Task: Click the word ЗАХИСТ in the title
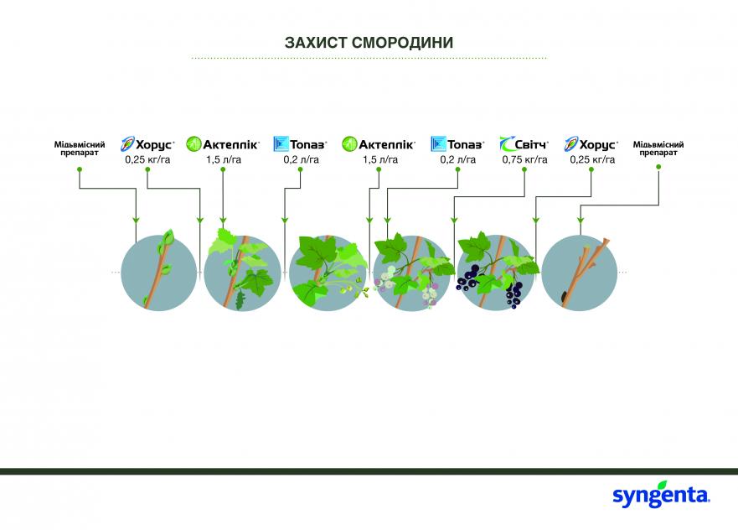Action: point(315,43)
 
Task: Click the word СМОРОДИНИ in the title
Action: point(402,43)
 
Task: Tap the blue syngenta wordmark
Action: point(661,496)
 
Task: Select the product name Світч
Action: point(531,144)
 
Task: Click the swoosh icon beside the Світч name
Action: point(507,143)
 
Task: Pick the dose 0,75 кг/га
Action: point(524,159)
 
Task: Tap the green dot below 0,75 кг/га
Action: point(524,169)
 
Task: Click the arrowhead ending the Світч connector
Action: point(454,220)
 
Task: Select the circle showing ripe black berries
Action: point(495,273)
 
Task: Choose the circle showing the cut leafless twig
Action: point(579,273)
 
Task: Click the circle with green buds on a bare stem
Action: point(158,273)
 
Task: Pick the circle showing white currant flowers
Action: point(411,273)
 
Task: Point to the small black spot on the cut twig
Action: point(564,296)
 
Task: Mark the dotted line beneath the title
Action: point(369,59)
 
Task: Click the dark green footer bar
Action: point(369,471)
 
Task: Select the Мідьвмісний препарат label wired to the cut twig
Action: point(658,148)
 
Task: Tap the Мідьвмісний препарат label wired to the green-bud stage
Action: point(79,148)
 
